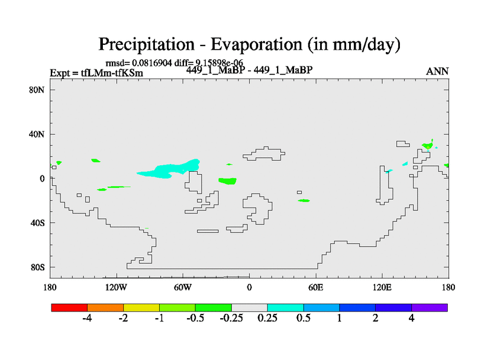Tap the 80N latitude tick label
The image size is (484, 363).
pos(38,90)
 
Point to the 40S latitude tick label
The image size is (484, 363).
pos(38,223)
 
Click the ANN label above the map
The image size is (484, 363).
pos(437,71)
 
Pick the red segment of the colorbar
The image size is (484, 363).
pos(70,307)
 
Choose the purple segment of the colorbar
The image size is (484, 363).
pos(430,307)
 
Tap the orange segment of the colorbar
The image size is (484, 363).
pos(105,307)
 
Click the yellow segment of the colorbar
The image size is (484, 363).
pos(142,307)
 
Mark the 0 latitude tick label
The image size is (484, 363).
pos(42,178)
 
